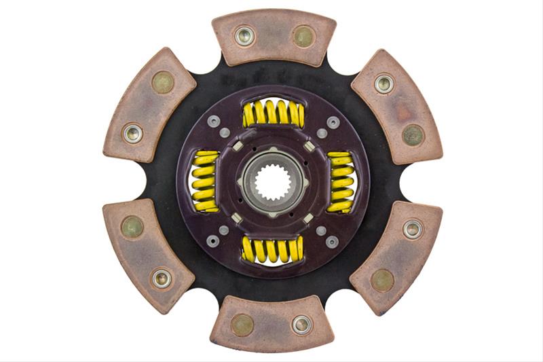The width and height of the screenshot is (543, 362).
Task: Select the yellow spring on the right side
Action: coord(340,181)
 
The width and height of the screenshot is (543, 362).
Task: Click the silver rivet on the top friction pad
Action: coord(244,36)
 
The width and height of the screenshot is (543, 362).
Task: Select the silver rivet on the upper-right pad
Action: coord(384,84)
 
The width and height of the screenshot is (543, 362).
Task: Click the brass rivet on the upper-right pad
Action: coord(413,134)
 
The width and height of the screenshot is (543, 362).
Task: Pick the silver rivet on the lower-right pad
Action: coord(412,229)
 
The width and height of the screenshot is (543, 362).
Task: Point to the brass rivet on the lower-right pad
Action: coord(383,279)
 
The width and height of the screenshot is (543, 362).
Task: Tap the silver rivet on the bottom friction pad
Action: coord(301,325)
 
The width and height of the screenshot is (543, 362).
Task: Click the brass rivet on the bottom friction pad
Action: coord(242,325)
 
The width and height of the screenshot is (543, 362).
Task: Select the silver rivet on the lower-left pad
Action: coord(162,278)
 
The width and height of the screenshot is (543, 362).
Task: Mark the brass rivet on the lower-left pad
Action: coord(132,228)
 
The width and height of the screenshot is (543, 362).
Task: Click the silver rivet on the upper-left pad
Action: coord(132,132)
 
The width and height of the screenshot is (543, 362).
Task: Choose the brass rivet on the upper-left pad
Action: coord(162,82)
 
